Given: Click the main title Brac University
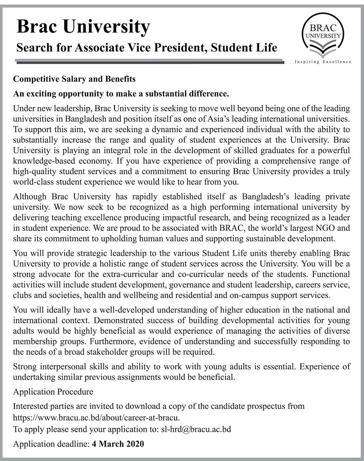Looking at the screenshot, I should (x=83, y=27).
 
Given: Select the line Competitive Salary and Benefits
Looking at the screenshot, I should (x=75, y=79).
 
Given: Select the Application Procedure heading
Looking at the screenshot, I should (x=53, y=392).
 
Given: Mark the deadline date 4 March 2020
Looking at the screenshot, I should (x=118, y=444).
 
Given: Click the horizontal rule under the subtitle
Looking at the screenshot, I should (x=149, y=61).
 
